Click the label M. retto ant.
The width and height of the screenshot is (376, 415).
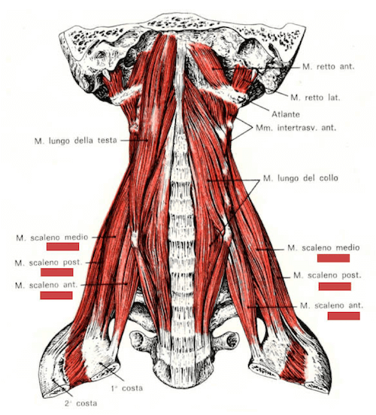pos(328,66)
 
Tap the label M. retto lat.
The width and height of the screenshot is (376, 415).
pos(315,98)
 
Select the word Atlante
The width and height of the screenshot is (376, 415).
pos(286,114)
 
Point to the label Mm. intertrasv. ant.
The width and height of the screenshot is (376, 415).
pos(296,128)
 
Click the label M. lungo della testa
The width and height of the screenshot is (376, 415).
pos(75,141)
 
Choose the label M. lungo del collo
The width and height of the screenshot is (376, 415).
pos(301,178)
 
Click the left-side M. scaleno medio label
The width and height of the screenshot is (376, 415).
pos(52,238)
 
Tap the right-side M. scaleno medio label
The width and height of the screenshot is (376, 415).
pos(323,248)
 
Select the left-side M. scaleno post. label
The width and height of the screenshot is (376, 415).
pos(48,263)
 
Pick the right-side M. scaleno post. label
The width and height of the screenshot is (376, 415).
pos(327,275)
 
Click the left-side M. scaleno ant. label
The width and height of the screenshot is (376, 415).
pos(47,286)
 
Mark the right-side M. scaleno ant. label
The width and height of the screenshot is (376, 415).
pos(331,306)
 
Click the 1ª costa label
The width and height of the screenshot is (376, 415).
pos(127,388)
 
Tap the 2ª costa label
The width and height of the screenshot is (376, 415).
pos(80,403)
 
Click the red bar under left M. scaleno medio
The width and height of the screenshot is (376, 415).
pos(62,247)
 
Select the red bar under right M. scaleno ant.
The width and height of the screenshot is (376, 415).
pos(344,316)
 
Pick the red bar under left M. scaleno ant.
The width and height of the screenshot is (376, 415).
pos(56,295)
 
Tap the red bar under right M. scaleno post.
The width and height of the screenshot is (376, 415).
pos(335,286)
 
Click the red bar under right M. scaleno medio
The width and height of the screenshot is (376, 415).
pos(333,258)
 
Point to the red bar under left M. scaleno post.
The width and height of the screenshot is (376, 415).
pos(56,272)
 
